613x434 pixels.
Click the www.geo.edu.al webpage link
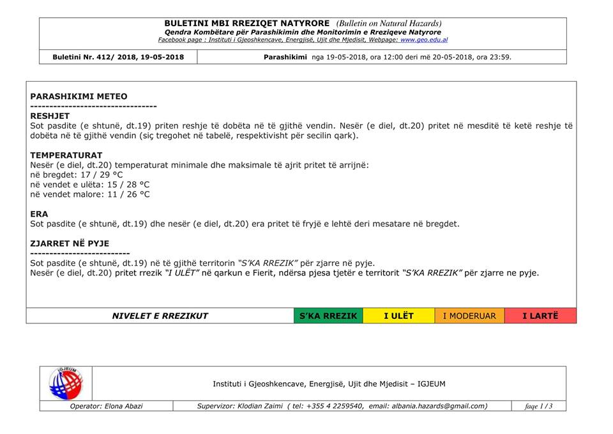(424, 40)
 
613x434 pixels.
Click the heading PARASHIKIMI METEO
(79, 97)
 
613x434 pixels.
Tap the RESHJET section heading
(50, 116)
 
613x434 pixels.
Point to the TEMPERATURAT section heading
(66, 155)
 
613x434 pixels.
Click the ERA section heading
(39, 214)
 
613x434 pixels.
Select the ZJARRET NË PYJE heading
(70, 244)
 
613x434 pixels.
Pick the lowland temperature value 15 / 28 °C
(125, 185)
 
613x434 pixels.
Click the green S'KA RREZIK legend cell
(328, 316)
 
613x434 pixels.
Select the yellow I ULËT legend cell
(398, 316)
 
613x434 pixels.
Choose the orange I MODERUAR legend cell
(469, 316)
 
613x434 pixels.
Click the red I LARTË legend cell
(540, 316)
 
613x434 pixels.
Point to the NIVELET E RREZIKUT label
(160, 316)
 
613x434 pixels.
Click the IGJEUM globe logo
(66, 384)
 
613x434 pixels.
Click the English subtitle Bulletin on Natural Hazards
(389, 24)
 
